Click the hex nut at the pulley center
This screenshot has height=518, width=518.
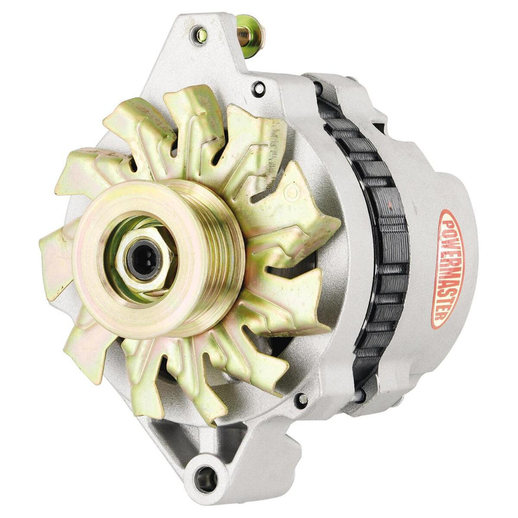pyautogui.click(x=141, y=249)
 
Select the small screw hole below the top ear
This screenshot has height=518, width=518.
pyautogui.click(x=260, y=89)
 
